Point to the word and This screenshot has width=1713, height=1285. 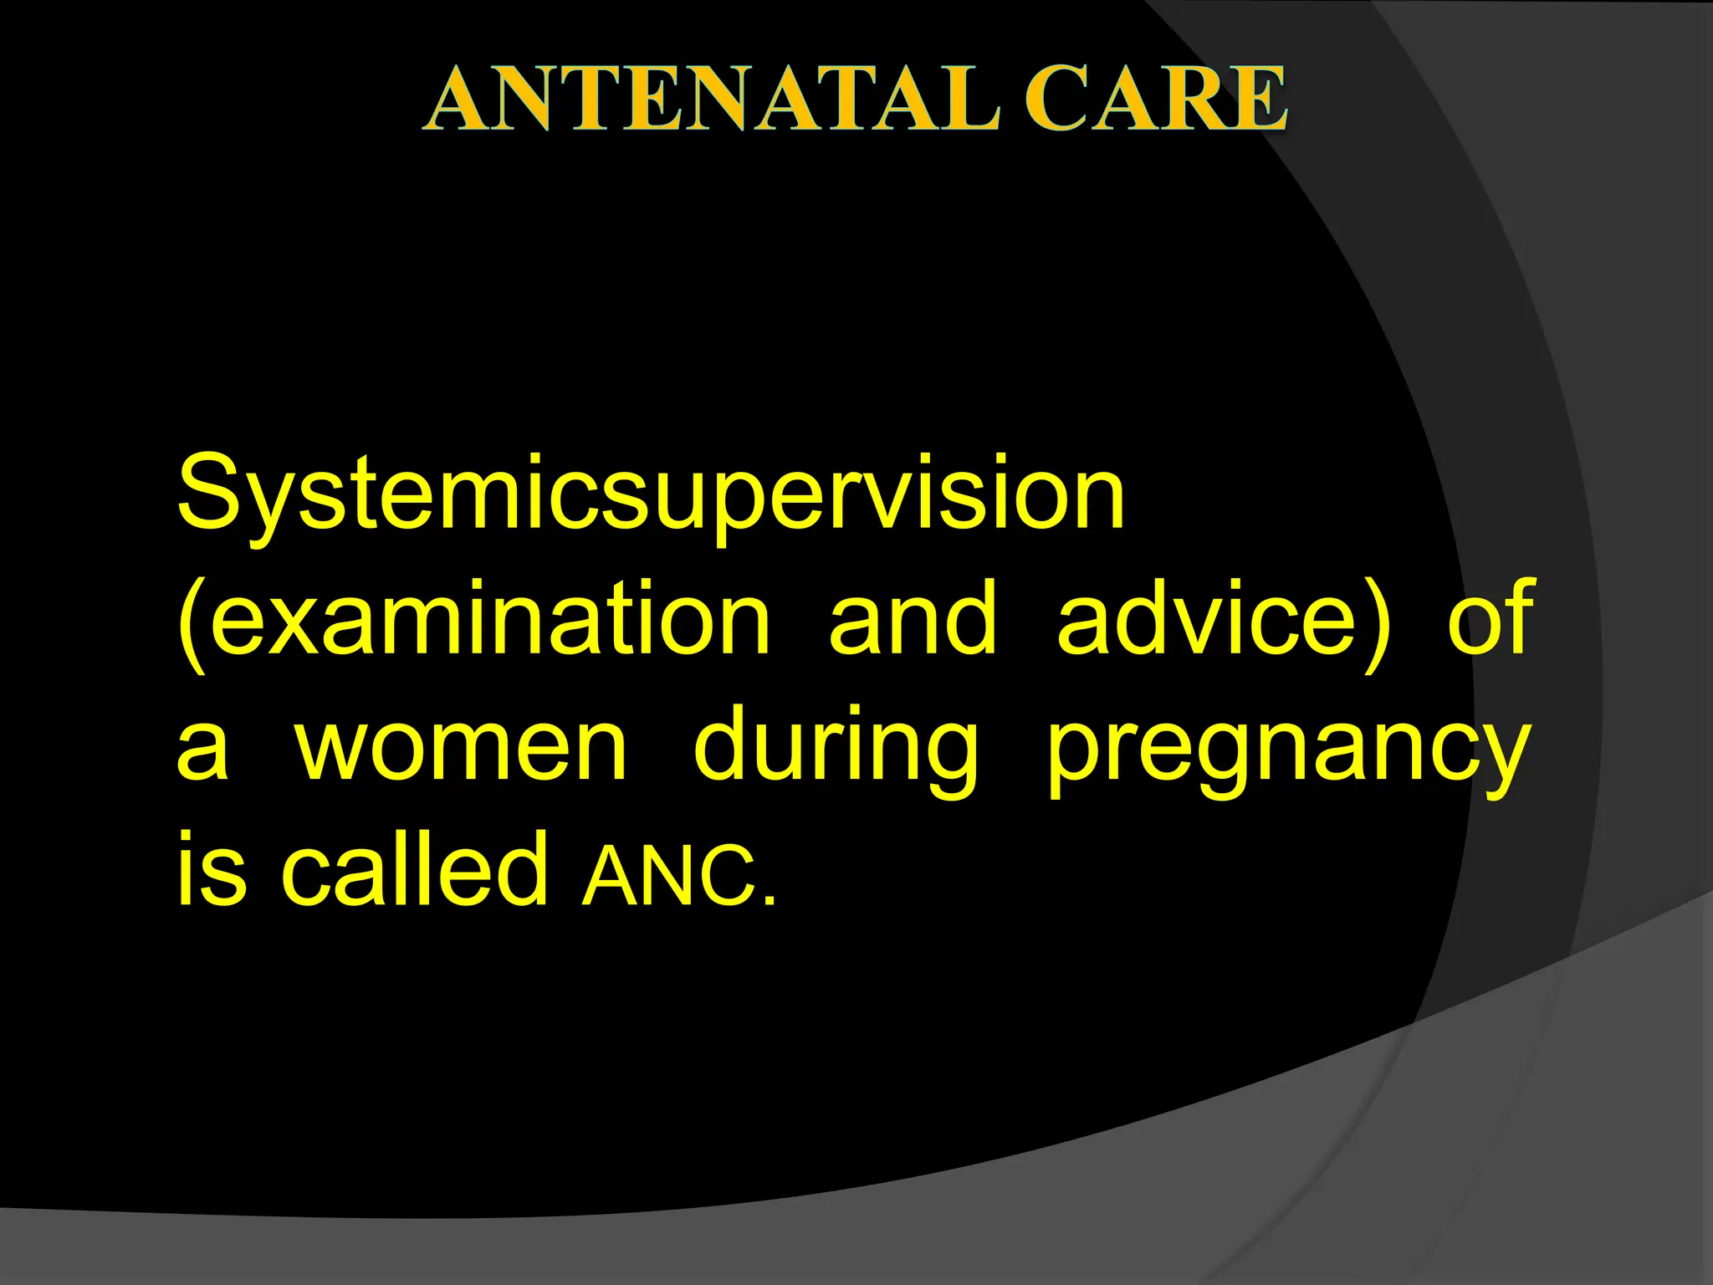click(913, 619)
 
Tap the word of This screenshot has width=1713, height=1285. click(1491, 619)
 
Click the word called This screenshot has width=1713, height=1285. click(414, 870)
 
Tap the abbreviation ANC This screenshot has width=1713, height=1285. click(669, 875)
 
